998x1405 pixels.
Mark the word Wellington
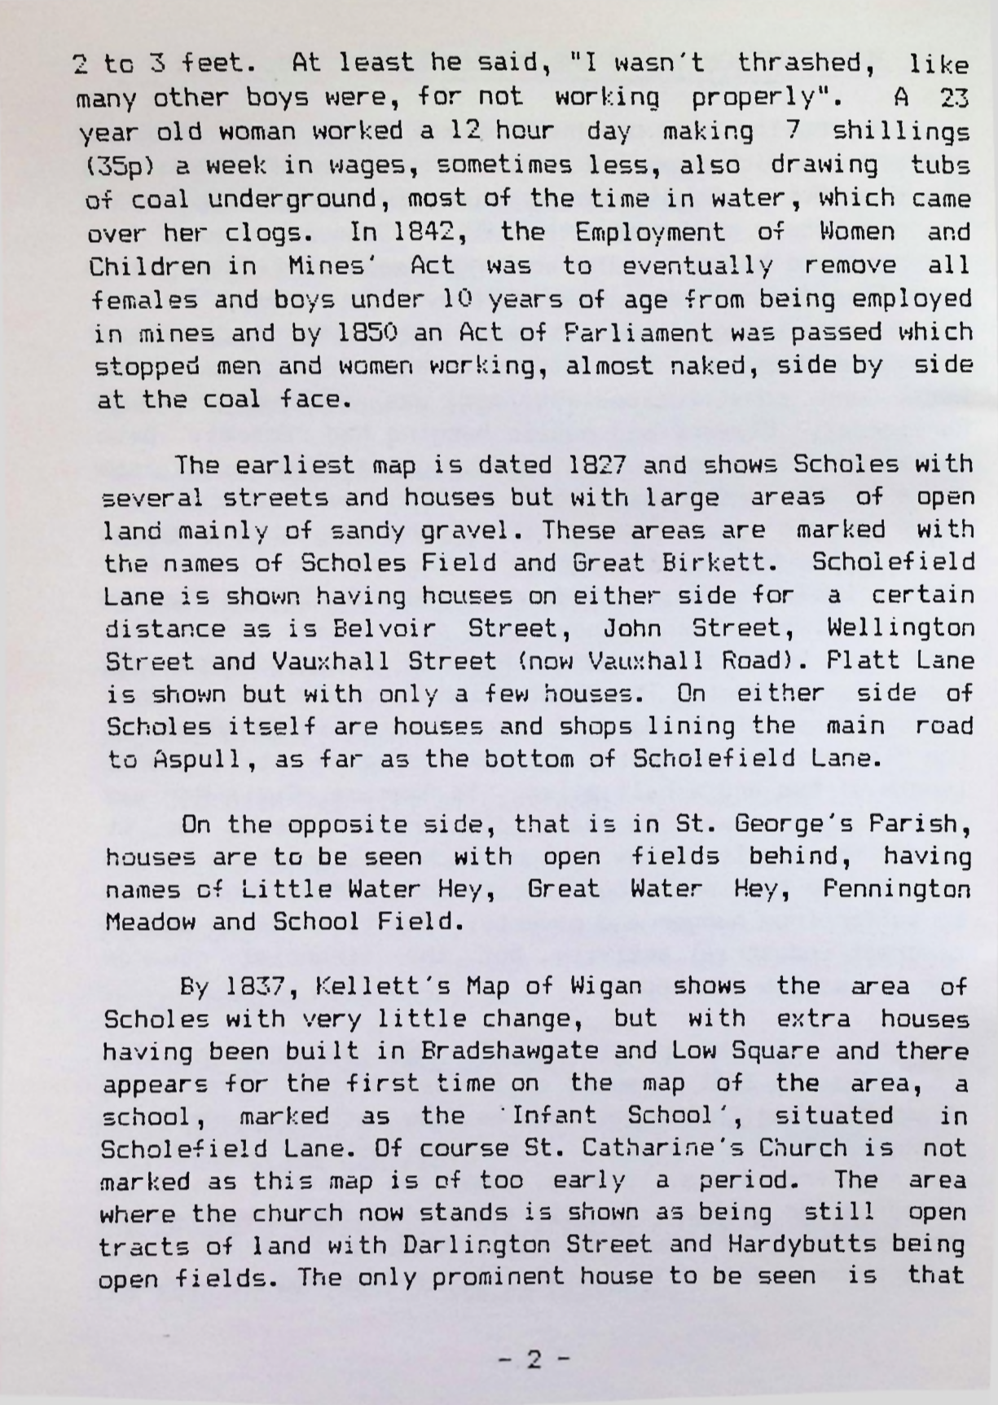899,629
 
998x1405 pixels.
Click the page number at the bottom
533,1360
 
